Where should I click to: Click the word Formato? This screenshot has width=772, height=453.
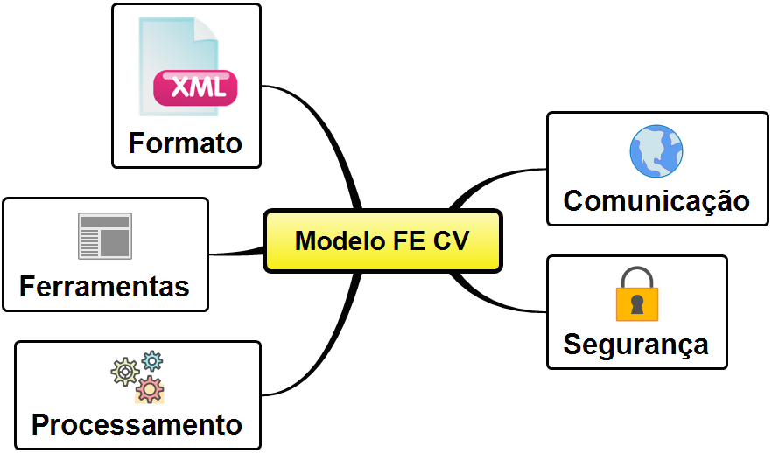185,143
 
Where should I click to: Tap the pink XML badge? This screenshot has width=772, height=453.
194,87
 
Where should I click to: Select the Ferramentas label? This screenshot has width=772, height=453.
104,286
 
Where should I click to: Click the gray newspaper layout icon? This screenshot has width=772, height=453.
104,236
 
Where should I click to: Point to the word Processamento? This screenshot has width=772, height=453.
137,425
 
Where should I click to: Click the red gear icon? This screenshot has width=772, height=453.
151,388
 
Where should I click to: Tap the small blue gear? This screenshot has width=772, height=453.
152,359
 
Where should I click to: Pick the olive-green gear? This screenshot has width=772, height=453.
124,372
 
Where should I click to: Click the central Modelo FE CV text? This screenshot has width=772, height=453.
382,240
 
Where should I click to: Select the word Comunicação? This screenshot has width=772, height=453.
656,200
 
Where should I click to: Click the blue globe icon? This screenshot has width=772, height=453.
656,151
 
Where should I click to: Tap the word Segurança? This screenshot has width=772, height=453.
635,344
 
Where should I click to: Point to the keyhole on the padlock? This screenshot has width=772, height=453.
636,305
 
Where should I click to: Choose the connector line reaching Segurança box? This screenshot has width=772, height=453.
499,302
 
